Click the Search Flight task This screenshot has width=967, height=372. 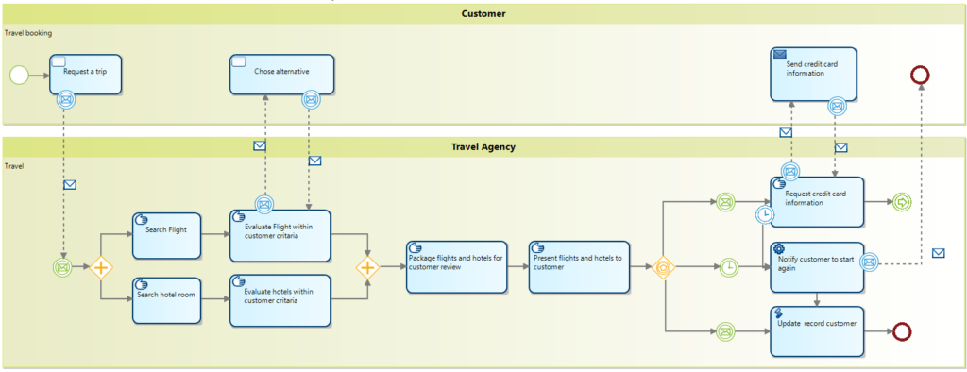tap(166, 235)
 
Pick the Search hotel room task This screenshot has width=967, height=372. tap(166, 298)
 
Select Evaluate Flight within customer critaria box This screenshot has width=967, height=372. tap(280, 235)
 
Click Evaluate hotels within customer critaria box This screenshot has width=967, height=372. tap(280, 300)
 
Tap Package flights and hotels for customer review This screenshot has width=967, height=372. tap(457, 266)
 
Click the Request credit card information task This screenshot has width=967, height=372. tap(817, 201)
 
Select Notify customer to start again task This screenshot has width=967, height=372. tap(817, 266)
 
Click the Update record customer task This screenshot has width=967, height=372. tap(817, 330)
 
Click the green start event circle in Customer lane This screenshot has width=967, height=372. tap(19, 75)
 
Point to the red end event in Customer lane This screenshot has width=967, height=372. tap(920, 75)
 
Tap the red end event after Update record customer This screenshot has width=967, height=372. tap(902, 331)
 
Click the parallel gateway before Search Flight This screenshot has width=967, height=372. tap(102, 268)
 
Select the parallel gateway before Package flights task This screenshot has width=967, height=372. tap(367, 268)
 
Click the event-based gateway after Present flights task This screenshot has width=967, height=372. tap(665, 268)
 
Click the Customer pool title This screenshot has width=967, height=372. tap(483, 13)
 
